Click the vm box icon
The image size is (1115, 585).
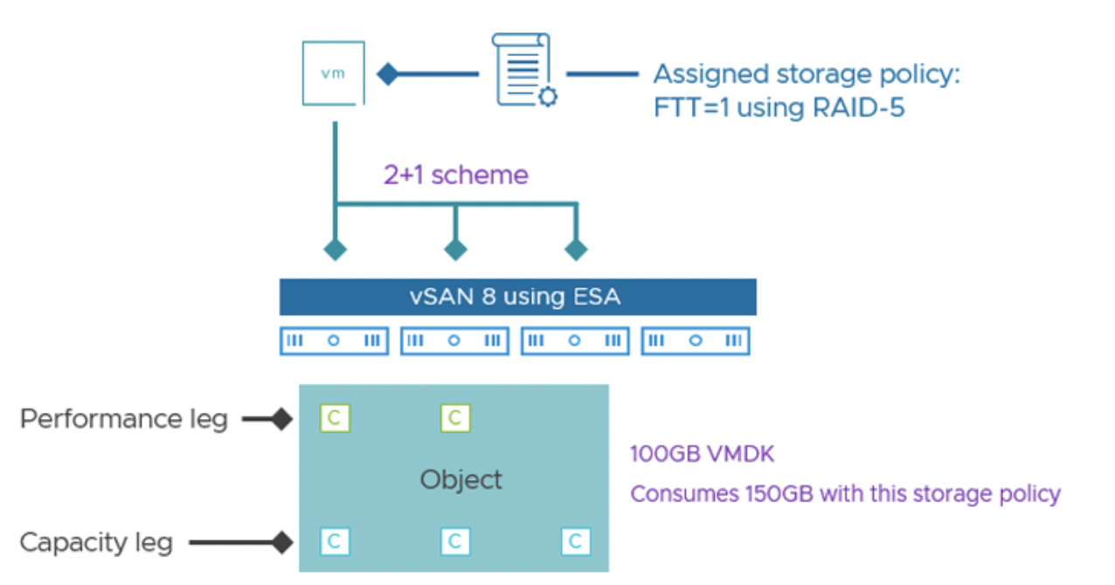pyautogui.click(x=334, y=74)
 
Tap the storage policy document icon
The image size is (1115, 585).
pyautogui.click(x=523, y=70)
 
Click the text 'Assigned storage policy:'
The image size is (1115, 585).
pyautogui.click(x=806, y=74)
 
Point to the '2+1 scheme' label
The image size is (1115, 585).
pyautogui.click(x=455, y=175)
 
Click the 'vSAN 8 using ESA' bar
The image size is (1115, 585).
pyautogui.click(x=516, y=297)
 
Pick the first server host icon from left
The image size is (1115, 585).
pyautogui.click(x=334, y=341)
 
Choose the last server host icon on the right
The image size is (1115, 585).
pyautogui.click(x=696, y=341)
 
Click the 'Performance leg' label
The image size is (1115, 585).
pyautogui.click(x=123, y=419)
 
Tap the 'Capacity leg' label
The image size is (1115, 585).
pyautogui.click(x=96, y=542)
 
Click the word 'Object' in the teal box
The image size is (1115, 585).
pyautogui.click(x=461, y=479)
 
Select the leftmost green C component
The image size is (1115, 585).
pyautogui.click(x=334, y=418)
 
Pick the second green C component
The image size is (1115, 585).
pyautogui.click(x=454, y=418)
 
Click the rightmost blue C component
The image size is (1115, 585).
pyautogui.click(x=575, y=542)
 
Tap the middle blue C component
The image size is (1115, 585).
pyautogui.click(x=454, y=542)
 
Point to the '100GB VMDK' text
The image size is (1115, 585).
pyautogui.click(x=702, y=454)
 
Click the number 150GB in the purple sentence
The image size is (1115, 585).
pyautogui.click(x=770, y=493)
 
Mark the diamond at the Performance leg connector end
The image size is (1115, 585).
pyautogui.click(x=280, y=420)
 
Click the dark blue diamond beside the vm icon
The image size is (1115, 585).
pyautogui.click(x=387, y=74)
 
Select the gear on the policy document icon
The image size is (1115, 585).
pyautogui.click(x=548, y=96)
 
